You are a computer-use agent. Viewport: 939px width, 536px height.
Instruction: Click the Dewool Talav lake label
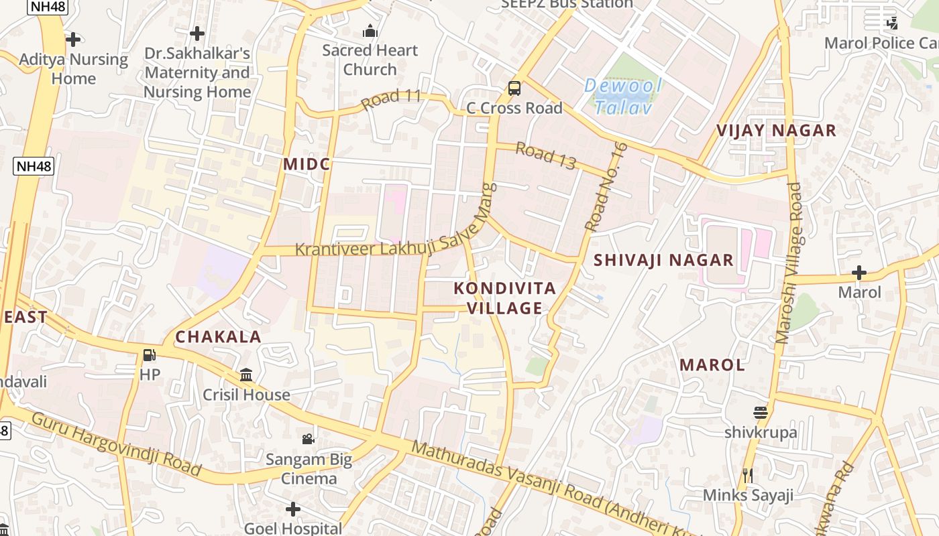coord(623,96)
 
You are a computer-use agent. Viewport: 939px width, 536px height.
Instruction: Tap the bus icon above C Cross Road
coord(514,88)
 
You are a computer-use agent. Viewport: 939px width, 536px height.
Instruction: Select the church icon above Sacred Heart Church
coord(370,31)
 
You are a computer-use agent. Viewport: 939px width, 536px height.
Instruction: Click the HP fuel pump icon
coord(150,355)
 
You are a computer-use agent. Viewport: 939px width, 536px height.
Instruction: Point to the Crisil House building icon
coord(246,375)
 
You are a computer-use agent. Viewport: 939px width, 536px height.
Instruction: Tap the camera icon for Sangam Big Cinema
coord(308,439)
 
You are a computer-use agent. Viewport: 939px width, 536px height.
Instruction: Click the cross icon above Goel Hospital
coord(292,509)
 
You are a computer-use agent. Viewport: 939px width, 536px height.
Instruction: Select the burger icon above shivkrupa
coord(760,413)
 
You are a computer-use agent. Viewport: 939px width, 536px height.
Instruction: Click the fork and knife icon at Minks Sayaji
coord(748,476)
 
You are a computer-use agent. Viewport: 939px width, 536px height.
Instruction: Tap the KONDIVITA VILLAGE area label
coord(504,298)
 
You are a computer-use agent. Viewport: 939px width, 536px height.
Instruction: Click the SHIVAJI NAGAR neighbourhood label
coord(663,260)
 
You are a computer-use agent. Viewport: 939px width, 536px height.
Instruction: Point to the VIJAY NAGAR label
coord(776,130)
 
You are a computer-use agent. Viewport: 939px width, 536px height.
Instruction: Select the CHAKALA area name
coord(218,336)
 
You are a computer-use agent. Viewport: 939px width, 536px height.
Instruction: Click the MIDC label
coord(307,164)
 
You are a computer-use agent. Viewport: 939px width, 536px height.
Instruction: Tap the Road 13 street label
coord(546,155)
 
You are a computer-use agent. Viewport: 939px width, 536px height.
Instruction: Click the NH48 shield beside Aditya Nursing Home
coord(33,166)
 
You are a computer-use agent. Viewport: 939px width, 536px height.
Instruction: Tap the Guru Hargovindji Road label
coord(115,444)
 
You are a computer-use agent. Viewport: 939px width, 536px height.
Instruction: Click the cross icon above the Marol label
coord(859,273)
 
